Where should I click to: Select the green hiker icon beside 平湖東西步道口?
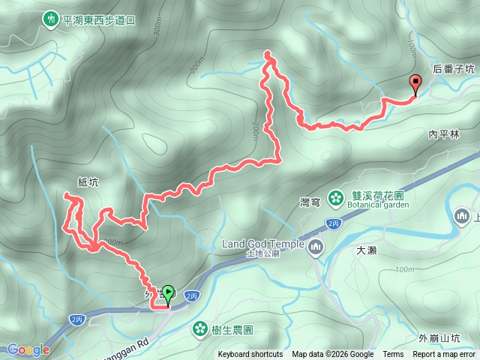point(51,16)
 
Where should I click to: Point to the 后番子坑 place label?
point(454,68)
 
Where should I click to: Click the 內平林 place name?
point(443,134)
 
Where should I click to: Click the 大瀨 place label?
point(367,251)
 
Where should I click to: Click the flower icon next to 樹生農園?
point(199,328)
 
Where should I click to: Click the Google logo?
point(28,349)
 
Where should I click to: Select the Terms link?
point(393,355)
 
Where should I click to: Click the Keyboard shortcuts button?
point(250,355)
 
